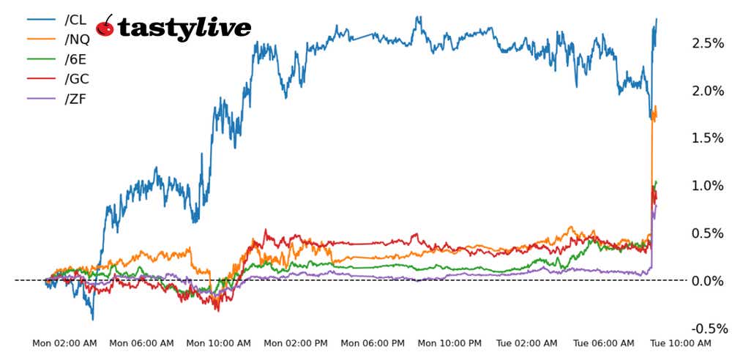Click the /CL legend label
pos(75,19)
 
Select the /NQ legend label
pos(77,39)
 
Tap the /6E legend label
pos(75,59)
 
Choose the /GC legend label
pos(77,78)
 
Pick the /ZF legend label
pos(75,98)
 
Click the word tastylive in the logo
pos(184,29)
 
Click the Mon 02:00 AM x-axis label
pos(64,343)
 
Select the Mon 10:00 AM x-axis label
pos(219,343)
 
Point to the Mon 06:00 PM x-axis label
pos(373,343)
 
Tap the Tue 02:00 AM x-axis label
pos(527,343)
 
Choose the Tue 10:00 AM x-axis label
pos(681,343)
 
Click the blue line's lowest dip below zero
pos(93,319)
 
